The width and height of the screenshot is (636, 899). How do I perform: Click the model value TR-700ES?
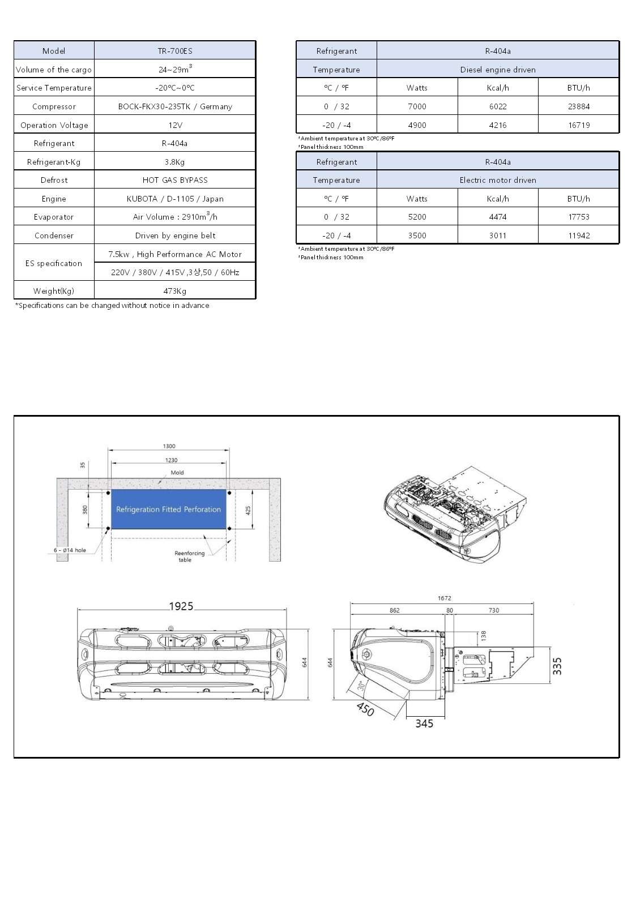click(x=175, y=51)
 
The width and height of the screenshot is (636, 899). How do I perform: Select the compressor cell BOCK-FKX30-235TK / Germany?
click(x=175, y=106)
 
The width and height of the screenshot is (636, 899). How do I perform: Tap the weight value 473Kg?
click(x=175, y=291)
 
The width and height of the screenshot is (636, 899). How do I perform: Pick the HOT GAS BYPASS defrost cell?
click(x=175, y=180)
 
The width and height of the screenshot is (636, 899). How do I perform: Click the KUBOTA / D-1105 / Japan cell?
click(x=175, y=199)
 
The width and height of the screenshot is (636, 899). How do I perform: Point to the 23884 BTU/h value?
click(x=579, y=106)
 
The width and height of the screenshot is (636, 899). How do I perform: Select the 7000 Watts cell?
click(x=417, y=106)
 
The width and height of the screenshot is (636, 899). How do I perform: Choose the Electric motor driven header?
click(x=498, y=180)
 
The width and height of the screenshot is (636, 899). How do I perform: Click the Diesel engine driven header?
click(x=498, y=70)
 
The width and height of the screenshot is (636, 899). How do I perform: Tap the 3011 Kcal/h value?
click(x=498, y=236)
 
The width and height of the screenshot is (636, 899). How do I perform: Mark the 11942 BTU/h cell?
click(x=579, y=236)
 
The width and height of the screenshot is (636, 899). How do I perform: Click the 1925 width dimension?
click(x=181, y=606)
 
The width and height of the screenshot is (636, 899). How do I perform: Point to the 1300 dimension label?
click(x=169, y=446)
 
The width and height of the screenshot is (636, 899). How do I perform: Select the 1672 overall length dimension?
click(x=445, y=598)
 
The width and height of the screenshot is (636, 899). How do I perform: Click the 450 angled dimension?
click(x=365, y=709)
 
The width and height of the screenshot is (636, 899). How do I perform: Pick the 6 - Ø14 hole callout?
click(x=70, y=550)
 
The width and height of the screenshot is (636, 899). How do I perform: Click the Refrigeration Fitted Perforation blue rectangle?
click(x=169, y=510)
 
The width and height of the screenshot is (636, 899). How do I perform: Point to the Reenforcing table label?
click(x=190, y=556)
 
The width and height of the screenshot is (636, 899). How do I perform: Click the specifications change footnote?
click(x=112, y=305)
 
